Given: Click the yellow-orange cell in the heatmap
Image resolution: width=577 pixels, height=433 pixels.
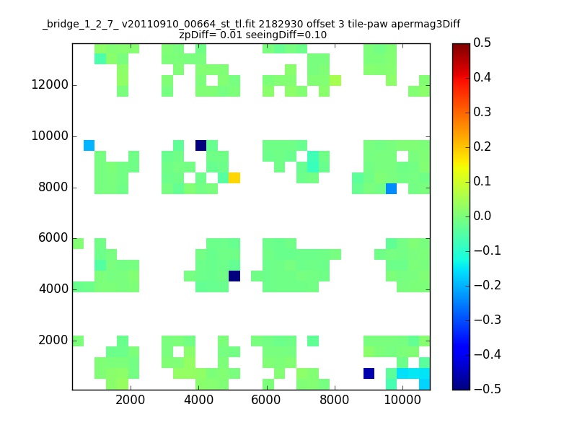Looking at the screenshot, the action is pos(234,178).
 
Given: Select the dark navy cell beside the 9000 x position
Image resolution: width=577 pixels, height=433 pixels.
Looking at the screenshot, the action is pos(369,373).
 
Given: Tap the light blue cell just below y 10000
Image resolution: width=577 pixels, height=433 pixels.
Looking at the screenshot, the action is pos(89,146).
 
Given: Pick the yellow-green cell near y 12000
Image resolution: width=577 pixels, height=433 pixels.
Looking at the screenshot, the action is pos(335,80).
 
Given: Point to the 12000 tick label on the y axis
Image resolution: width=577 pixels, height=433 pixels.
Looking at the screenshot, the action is pos(50,84).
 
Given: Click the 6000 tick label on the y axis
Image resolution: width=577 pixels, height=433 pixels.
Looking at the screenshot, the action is pos(53,238).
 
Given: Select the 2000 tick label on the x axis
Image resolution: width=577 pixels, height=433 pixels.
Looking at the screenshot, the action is pos(131,400).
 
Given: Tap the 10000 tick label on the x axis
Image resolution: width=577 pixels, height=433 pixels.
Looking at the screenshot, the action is pos(402,400).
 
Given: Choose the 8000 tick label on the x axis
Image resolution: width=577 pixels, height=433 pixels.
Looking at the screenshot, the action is pos(334,400).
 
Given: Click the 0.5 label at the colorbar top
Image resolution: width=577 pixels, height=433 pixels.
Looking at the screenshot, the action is pos(482,43).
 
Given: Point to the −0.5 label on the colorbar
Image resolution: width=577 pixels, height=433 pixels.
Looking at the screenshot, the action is pos(488,389).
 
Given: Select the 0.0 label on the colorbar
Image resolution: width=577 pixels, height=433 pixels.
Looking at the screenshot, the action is pos(482,216).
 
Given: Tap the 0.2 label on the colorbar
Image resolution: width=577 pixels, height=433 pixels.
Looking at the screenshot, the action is pos(482,146).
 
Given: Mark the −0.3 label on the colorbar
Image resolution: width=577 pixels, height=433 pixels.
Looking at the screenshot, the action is pos(488,320).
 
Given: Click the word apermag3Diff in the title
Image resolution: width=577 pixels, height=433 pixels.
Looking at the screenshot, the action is pos(426,25).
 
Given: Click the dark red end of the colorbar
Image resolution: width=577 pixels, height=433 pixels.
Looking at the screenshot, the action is pos(461,45).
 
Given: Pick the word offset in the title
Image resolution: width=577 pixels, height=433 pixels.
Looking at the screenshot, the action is pos(321,25).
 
